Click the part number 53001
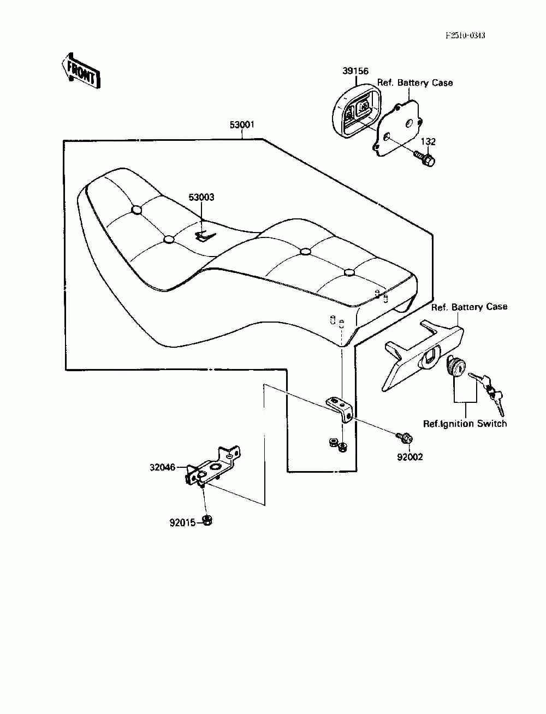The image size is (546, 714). pos(242,125)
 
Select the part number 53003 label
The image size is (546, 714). pos(201,197)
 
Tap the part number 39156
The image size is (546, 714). pos(355,71)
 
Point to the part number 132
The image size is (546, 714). pos(428,141)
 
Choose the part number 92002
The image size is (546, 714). pos(410,457)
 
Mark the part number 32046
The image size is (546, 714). pos(163,467)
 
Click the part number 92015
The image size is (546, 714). pos(182,522)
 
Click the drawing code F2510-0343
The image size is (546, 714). pos(465,35)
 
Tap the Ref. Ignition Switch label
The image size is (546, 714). pos(465,424)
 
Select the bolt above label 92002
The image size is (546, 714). pos(405,437)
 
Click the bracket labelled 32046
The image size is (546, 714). pos(213,466)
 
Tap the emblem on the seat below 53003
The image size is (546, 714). pos(203,236)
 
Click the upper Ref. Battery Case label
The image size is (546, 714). pos(414,83)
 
